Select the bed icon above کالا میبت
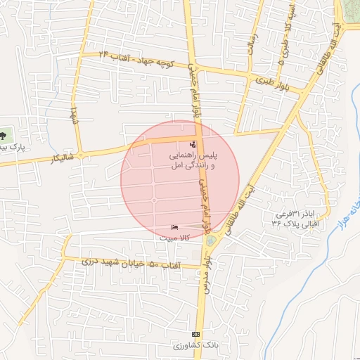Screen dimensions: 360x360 coord(174,227)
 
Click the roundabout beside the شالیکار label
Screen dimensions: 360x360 coord(81,155)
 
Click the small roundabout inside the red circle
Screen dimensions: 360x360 coord(154,201)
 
